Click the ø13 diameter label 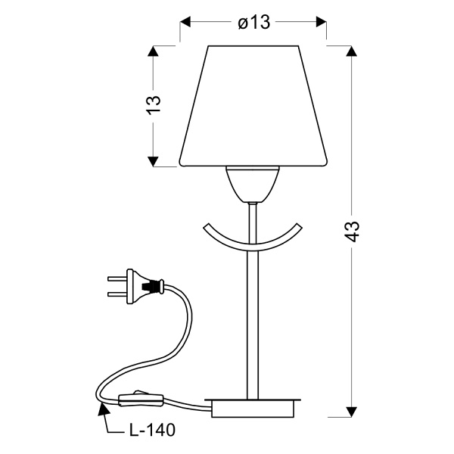click(x=254, y=22)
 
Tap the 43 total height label click(x=353, y=232)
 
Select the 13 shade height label click(x=154, y=104)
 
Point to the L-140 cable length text click(x=152, y=430)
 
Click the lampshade click(x=253, y=106)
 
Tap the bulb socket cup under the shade click(x=253, y=185)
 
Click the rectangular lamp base click(x=253, y=408)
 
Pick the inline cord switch click(x=141, y=400)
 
